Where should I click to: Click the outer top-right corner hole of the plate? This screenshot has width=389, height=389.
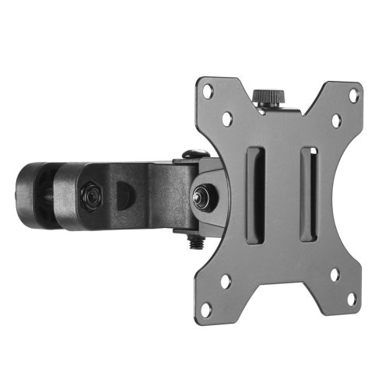[x=354, y=96]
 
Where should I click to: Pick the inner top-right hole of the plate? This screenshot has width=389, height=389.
[x=336, y=122]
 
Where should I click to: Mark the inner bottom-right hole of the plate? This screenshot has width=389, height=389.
[x=335, y=275]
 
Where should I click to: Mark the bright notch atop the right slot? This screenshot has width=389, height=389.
[x=308, y=151]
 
